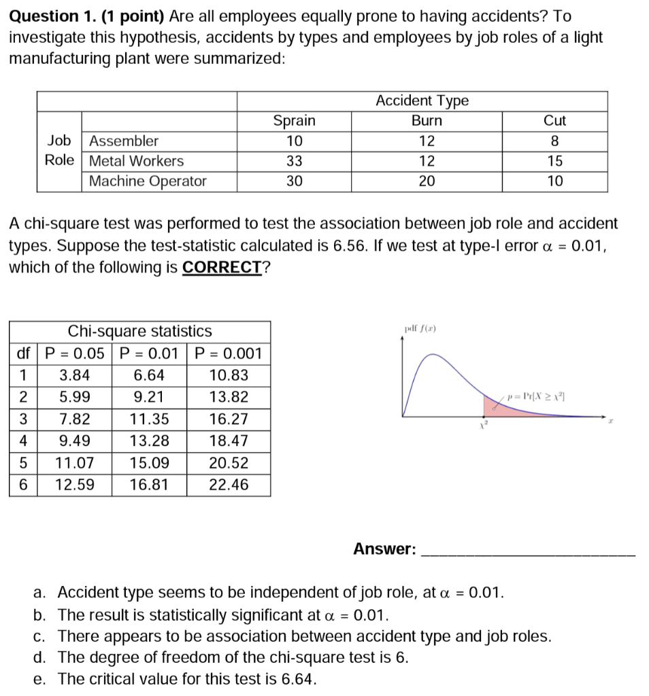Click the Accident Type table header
(422, 101)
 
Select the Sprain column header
(294, 121)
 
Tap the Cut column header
(554, 121)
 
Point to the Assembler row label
(124, 141)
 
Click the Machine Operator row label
(148, 181)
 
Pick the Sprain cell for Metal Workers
(294, 161)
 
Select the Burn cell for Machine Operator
(427, 181)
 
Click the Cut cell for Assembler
(554, 141)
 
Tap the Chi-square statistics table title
(139, 332)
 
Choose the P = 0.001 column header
(228, 353)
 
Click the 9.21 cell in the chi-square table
(149, 397)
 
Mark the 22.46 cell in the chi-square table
(228, 485)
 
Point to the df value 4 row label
(22, 441)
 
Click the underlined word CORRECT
(222, 266)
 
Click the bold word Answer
(384, 549)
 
